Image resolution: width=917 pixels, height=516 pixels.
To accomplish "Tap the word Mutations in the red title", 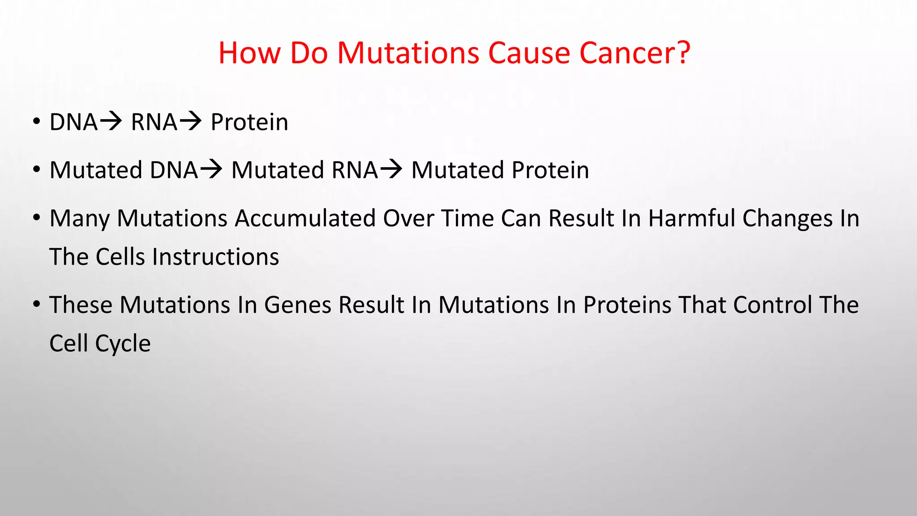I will click(x=408, y=53).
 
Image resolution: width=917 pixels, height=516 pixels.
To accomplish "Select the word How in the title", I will click(x=249, y=53).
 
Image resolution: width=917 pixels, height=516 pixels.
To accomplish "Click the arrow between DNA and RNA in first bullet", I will click(x=110, y=121).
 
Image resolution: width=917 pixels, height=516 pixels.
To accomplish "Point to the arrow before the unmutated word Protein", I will click(x=190, y=121).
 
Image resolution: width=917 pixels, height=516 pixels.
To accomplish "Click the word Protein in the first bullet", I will click(x=249, y=122).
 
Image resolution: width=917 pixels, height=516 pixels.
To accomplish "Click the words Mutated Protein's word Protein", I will click(x=550, y=170).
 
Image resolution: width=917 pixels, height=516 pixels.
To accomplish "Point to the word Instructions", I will click(x=215, y=257).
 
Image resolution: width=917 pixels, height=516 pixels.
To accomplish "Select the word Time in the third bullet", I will click(x=467, y=219).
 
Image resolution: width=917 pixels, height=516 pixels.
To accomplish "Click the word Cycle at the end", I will click(x=123, y=344).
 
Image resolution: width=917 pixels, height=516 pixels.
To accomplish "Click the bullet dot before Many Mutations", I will click(x=37, y=218).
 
